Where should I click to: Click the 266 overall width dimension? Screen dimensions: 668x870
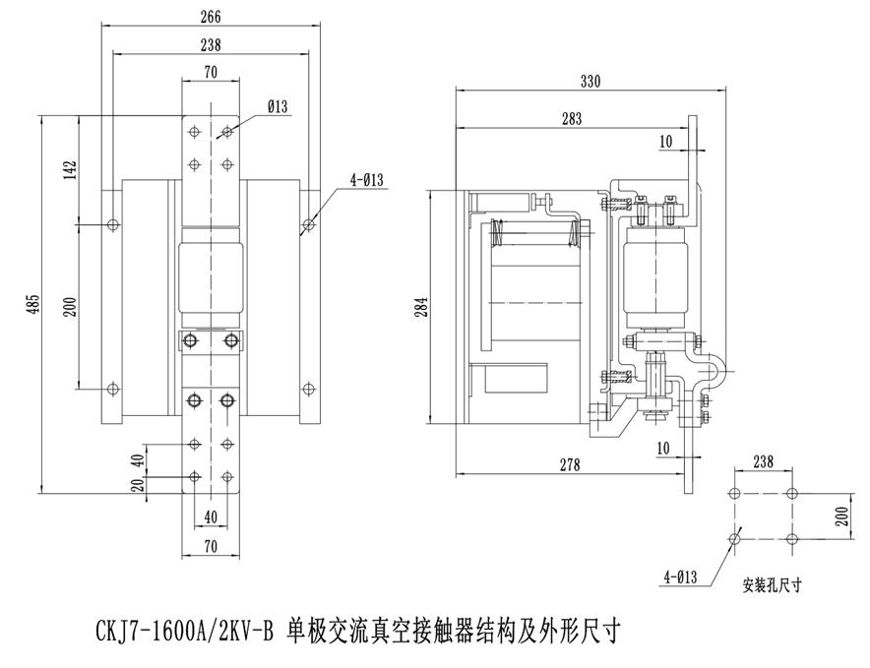point(209,17)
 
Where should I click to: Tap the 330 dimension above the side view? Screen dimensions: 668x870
point(590,81)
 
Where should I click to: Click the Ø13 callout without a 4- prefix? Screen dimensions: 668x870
point(278,108)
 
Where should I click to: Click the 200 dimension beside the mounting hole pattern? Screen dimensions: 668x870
point(843,516)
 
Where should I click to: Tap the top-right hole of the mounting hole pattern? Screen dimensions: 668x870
point(792,493)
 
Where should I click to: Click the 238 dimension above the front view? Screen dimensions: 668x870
point(209,44)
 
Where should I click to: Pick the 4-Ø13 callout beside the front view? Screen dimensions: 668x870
point(365,179)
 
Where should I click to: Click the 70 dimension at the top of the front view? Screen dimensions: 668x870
point(210,71)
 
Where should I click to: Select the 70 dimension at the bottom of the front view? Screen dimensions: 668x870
point(210,544)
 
